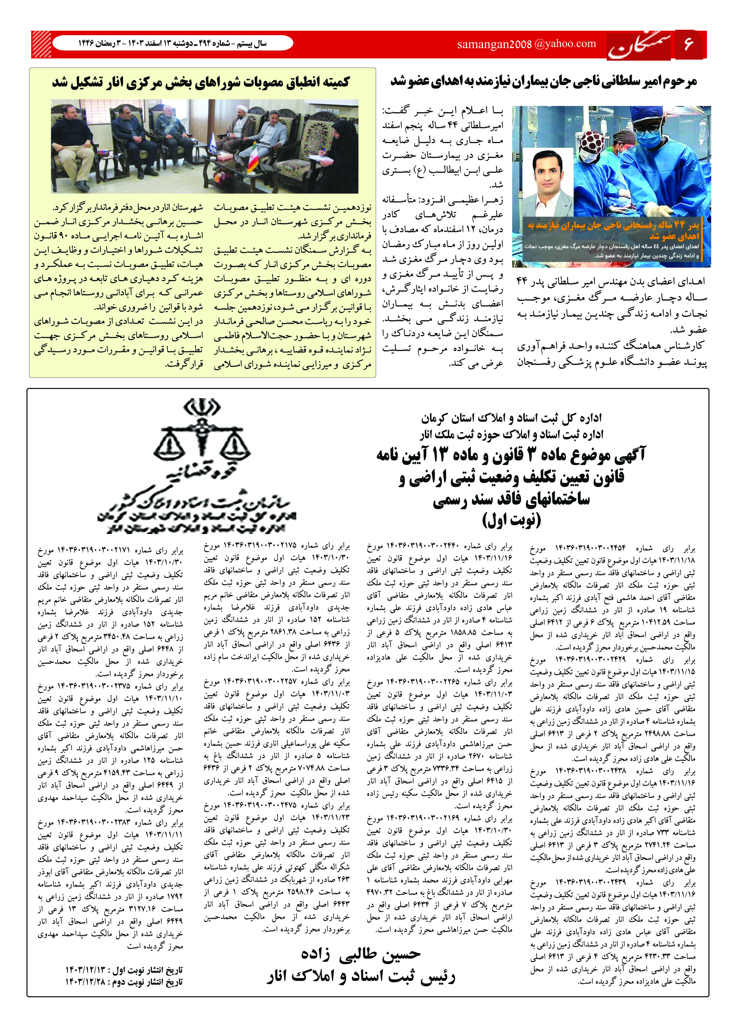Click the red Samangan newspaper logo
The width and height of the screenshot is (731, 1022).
coord(639,46)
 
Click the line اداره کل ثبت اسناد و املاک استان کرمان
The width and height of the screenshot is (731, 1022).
coord(511,418)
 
